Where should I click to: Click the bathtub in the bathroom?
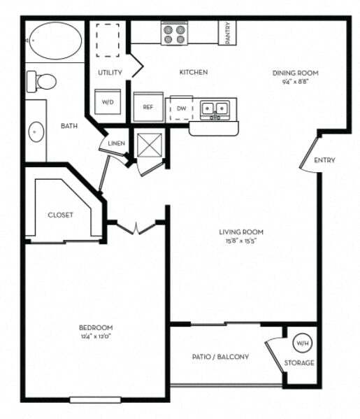pyautogui.click(x=54, y=42)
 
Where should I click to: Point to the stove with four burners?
pyautogui.click(x=173, y=33)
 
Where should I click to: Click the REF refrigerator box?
pyautogui.click(x=148, y=107)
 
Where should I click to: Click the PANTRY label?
pyautogui.click(x=228, y=32)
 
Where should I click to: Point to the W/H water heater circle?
pyautogui.click(x=301, y=343)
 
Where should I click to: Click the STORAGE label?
pyautogui.click(x=299, y=363)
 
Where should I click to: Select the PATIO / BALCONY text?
pyautogui.click(x=220, y=357)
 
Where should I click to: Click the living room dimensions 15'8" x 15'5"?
pyautogui.click(x=244, y=242)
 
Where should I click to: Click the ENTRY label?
pyautogui.click(x=324, y=160)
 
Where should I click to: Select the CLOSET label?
pyautogui.click(x=60, y=215)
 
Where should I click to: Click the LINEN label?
pyautogui.click(x=116, y=144)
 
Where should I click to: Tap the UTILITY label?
pyautogui.click(x=110, y=72)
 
